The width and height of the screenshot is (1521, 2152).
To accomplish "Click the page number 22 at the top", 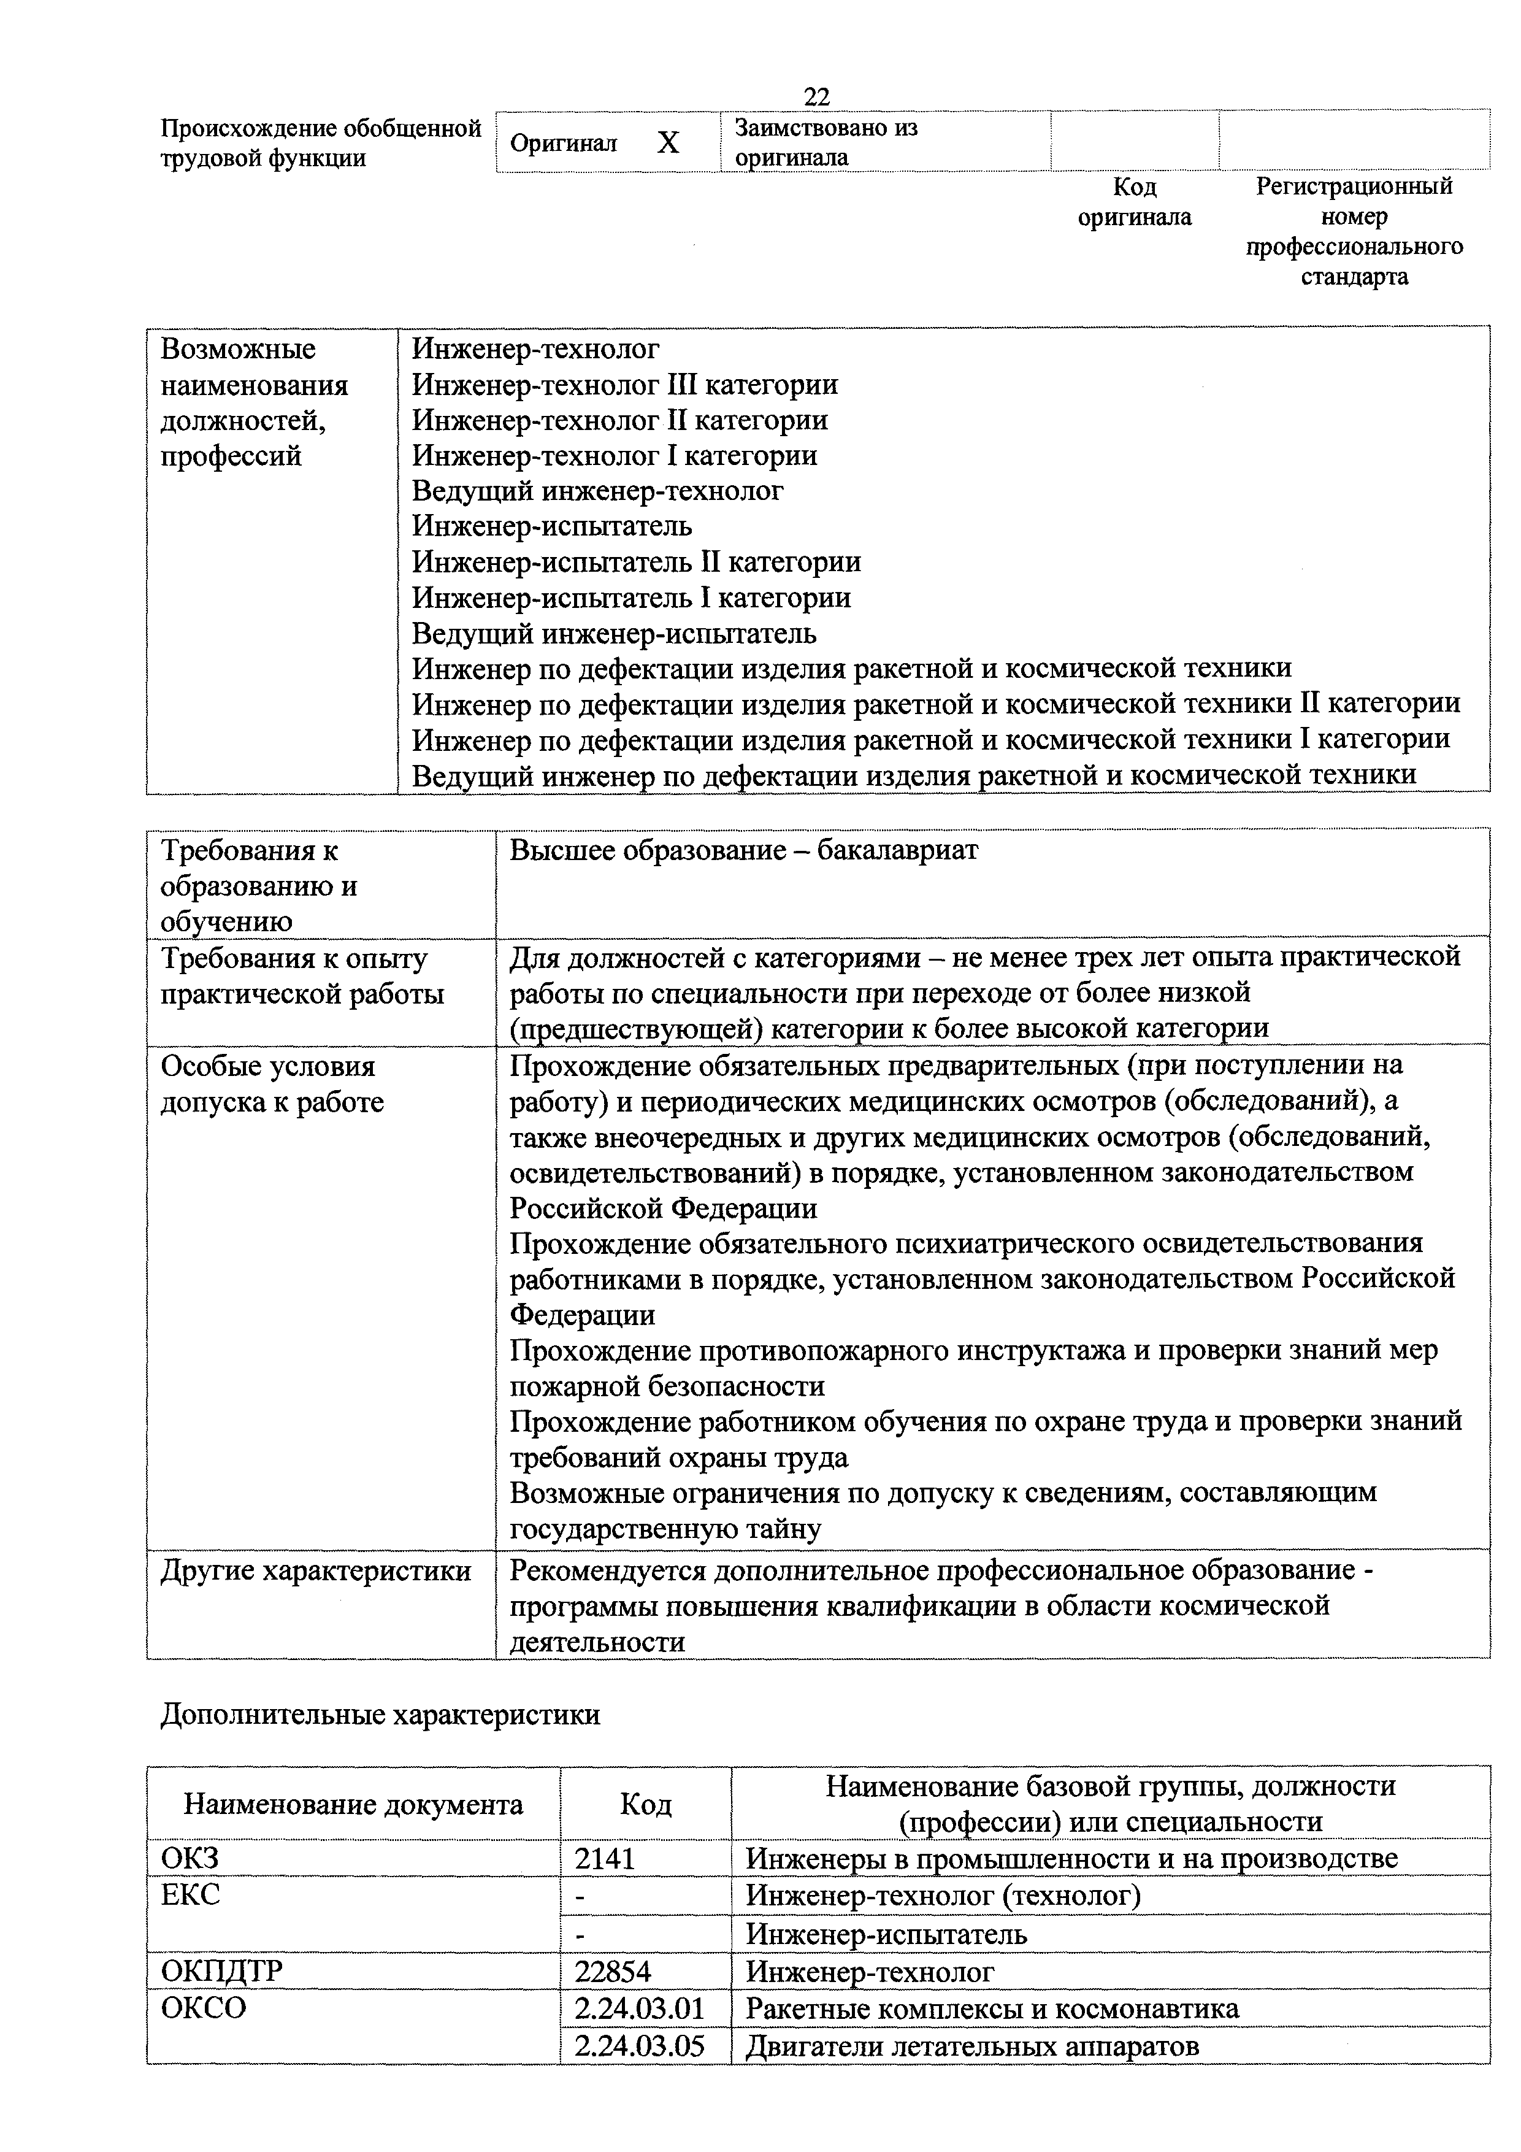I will [x=816, y=96].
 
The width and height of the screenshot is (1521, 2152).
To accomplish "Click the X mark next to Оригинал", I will [x=667, y=142].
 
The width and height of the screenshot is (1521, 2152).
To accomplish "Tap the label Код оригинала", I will [x=1134, y=201].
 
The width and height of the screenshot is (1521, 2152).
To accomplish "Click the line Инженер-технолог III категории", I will [x=625, y=384].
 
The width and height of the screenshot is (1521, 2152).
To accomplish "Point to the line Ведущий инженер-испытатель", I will [x=614, y=634].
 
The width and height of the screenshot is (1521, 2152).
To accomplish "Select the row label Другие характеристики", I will [x=316, y=1570].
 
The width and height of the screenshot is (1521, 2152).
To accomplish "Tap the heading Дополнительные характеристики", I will [x=380, y=1714].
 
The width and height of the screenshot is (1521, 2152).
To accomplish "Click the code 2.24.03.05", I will [x=638, y=2046].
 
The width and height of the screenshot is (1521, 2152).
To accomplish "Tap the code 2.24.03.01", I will [x=638, y=2008].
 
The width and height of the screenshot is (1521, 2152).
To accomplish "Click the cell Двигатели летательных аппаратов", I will [x=972, y=2046].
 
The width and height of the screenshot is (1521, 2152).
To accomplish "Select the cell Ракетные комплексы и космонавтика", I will [x=992, y=2008].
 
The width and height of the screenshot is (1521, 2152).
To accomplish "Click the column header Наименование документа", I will [x=353, y=1804].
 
